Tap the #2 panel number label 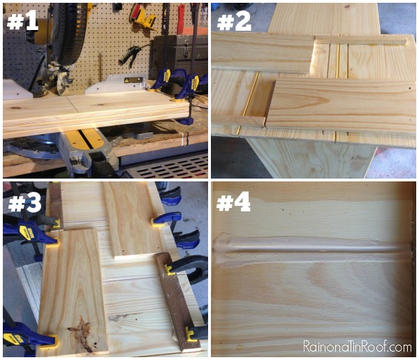234,21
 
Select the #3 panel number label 24,202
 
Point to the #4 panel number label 233,202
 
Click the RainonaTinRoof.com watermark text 358,347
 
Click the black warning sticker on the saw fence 133,80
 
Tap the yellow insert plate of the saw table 86,139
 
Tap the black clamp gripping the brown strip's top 188,268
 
